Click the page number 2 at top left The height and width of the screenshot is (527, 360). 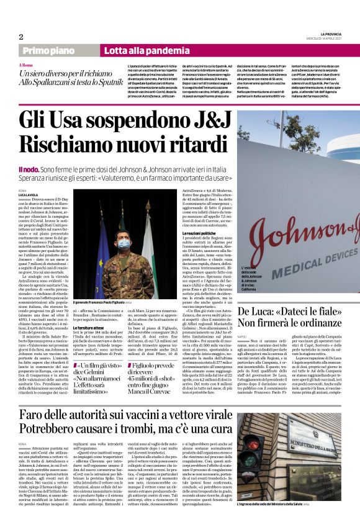coord(21,36)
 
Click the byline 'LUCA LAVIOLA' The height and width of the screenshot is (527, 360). coord(33,194)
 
